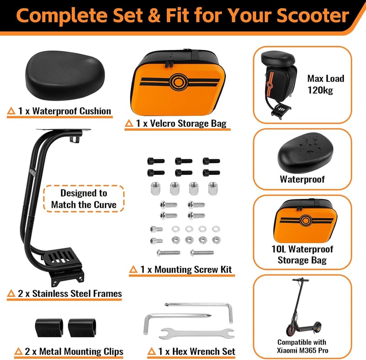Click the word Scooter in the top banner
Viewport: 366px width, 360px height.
313,16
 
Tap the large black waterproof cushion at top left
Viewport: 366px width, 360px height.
65,75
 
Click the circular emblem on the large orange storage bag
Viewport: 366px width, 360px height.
178,82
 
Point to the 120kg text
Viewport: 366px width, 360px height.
320,90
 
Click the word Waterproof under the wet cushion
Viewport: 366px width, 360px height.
302,180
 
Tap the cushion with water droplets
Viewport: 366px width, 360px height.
305,153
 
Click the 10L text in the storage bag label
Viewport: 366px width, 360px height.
279,249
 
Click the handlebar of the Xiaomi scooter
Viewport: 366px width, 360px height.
301,280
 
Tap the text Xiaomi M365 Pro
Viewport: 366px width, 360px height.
302,350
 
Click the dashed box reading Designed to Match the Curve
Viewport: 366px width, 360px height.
84,199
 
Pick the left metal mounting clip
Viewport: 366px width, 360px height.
49,328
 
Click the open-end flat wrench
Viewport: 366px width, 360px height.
197,333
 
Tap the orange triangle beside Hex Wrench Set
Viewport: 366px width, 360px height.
152,351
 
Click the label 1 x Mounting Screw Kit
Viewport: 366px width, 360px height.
186,270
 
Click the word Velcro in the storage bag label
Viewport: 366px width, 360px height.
163,124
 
